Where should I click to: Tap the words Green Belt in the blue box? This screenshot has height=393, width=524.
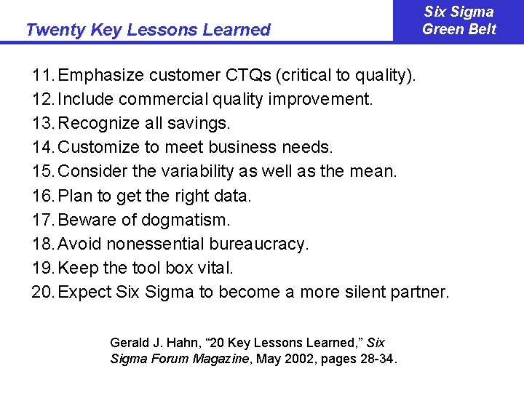coord(459,29)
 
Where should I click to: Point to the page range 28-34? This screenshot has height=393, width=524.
coord(376,359)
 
